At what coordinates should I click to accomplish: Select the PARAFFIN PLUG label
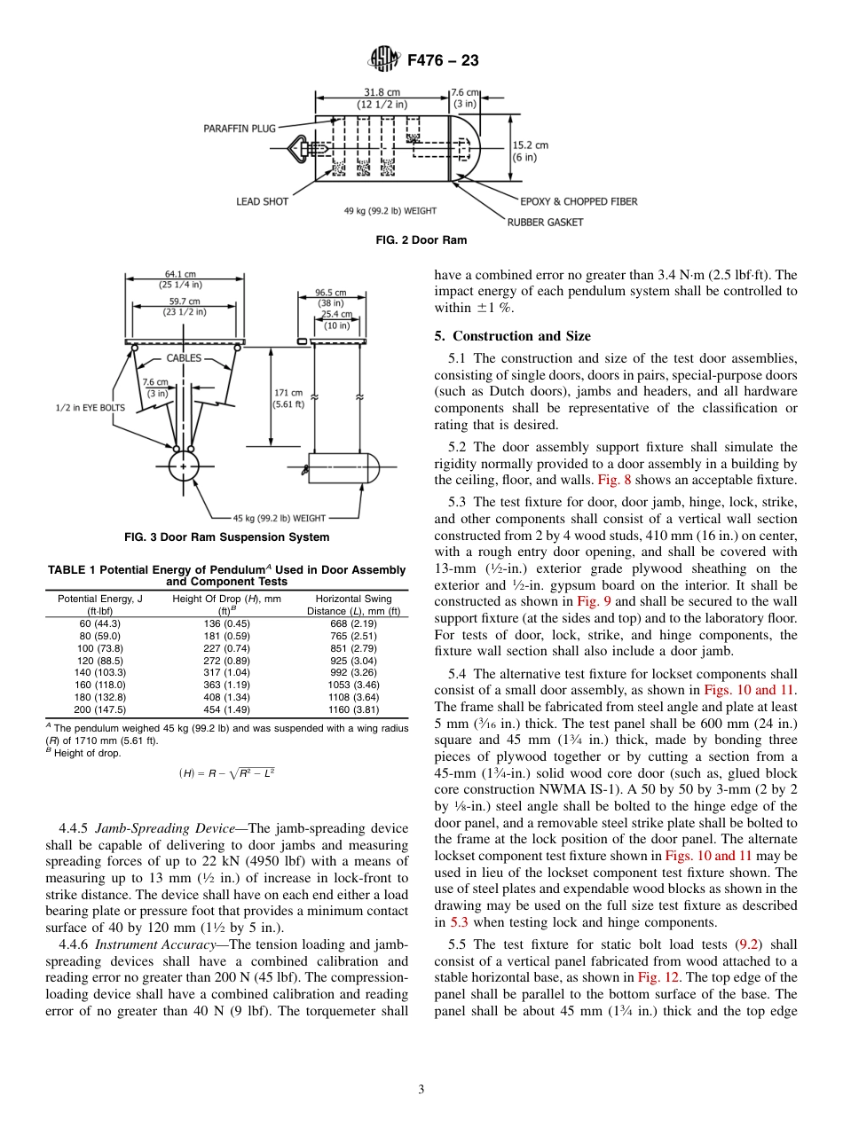point(240,129)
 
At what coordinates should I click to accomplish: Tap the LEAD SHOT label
point(262,201)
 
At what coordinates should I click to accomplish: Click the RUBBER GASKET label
point(545,222)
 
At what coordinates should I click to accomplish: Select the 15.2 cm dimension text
point(530,145)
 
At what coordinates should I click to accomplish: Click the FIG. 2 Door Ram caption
point(421,240)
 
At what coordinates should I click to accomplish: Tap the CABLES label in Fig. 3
point(184,359)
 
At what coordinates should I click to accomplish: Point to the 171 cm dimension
point(288,392)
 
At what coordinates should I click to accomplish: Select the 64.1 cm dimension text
point(180,275)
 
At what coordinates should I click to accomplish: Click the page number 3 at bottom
point(421,1089)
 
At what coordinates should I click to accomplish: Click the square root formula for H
point(226,773)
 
